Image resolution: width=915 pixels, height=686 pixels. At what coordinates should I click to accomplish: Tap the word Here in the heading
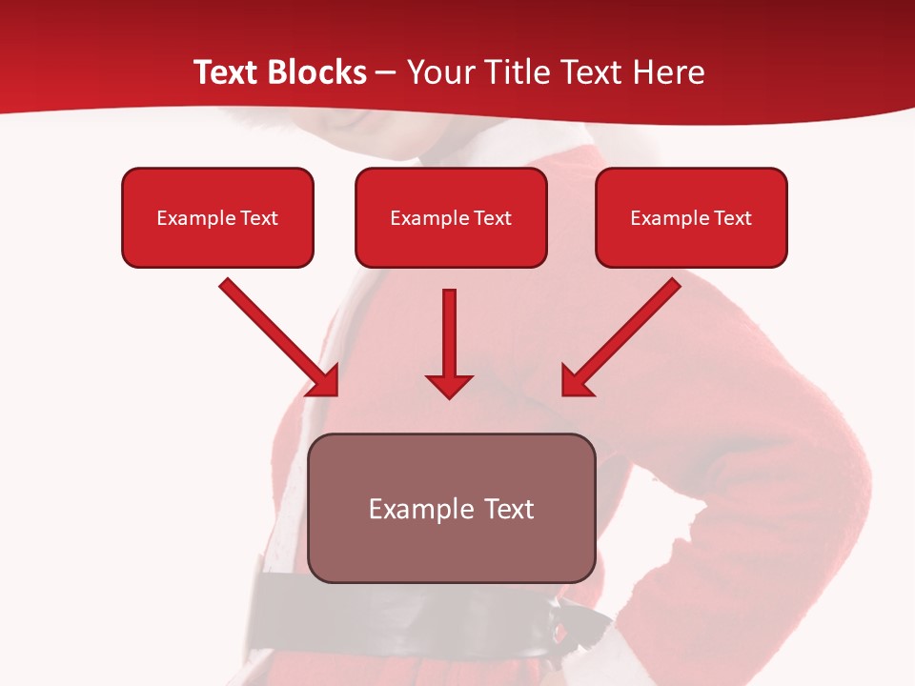click(x=668, y=72)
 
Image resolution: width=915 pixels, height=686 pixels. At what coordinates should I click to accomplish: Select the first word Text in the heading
click(x=229, y=72)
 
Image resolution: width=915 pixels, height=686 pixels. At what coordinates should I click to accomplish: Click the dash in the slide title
click(x=387, y=73)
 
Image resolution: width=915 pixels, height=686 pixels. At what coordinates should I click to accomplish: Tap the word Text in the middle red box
click(x=491, y=218)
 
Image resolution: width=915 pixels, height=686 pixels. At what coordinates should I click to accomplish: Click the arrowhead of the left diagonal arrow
click(x=324, y=380)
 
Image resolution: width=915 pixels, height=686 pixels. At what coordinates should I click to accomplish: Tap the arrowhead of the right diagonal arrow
click(x=577, y=380)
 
